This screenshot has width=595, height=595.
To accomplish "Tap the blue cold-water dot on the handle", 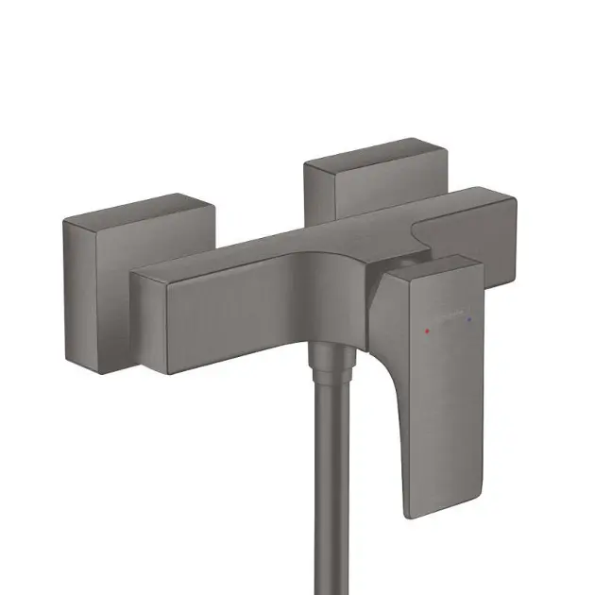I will tap(469, 321).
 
